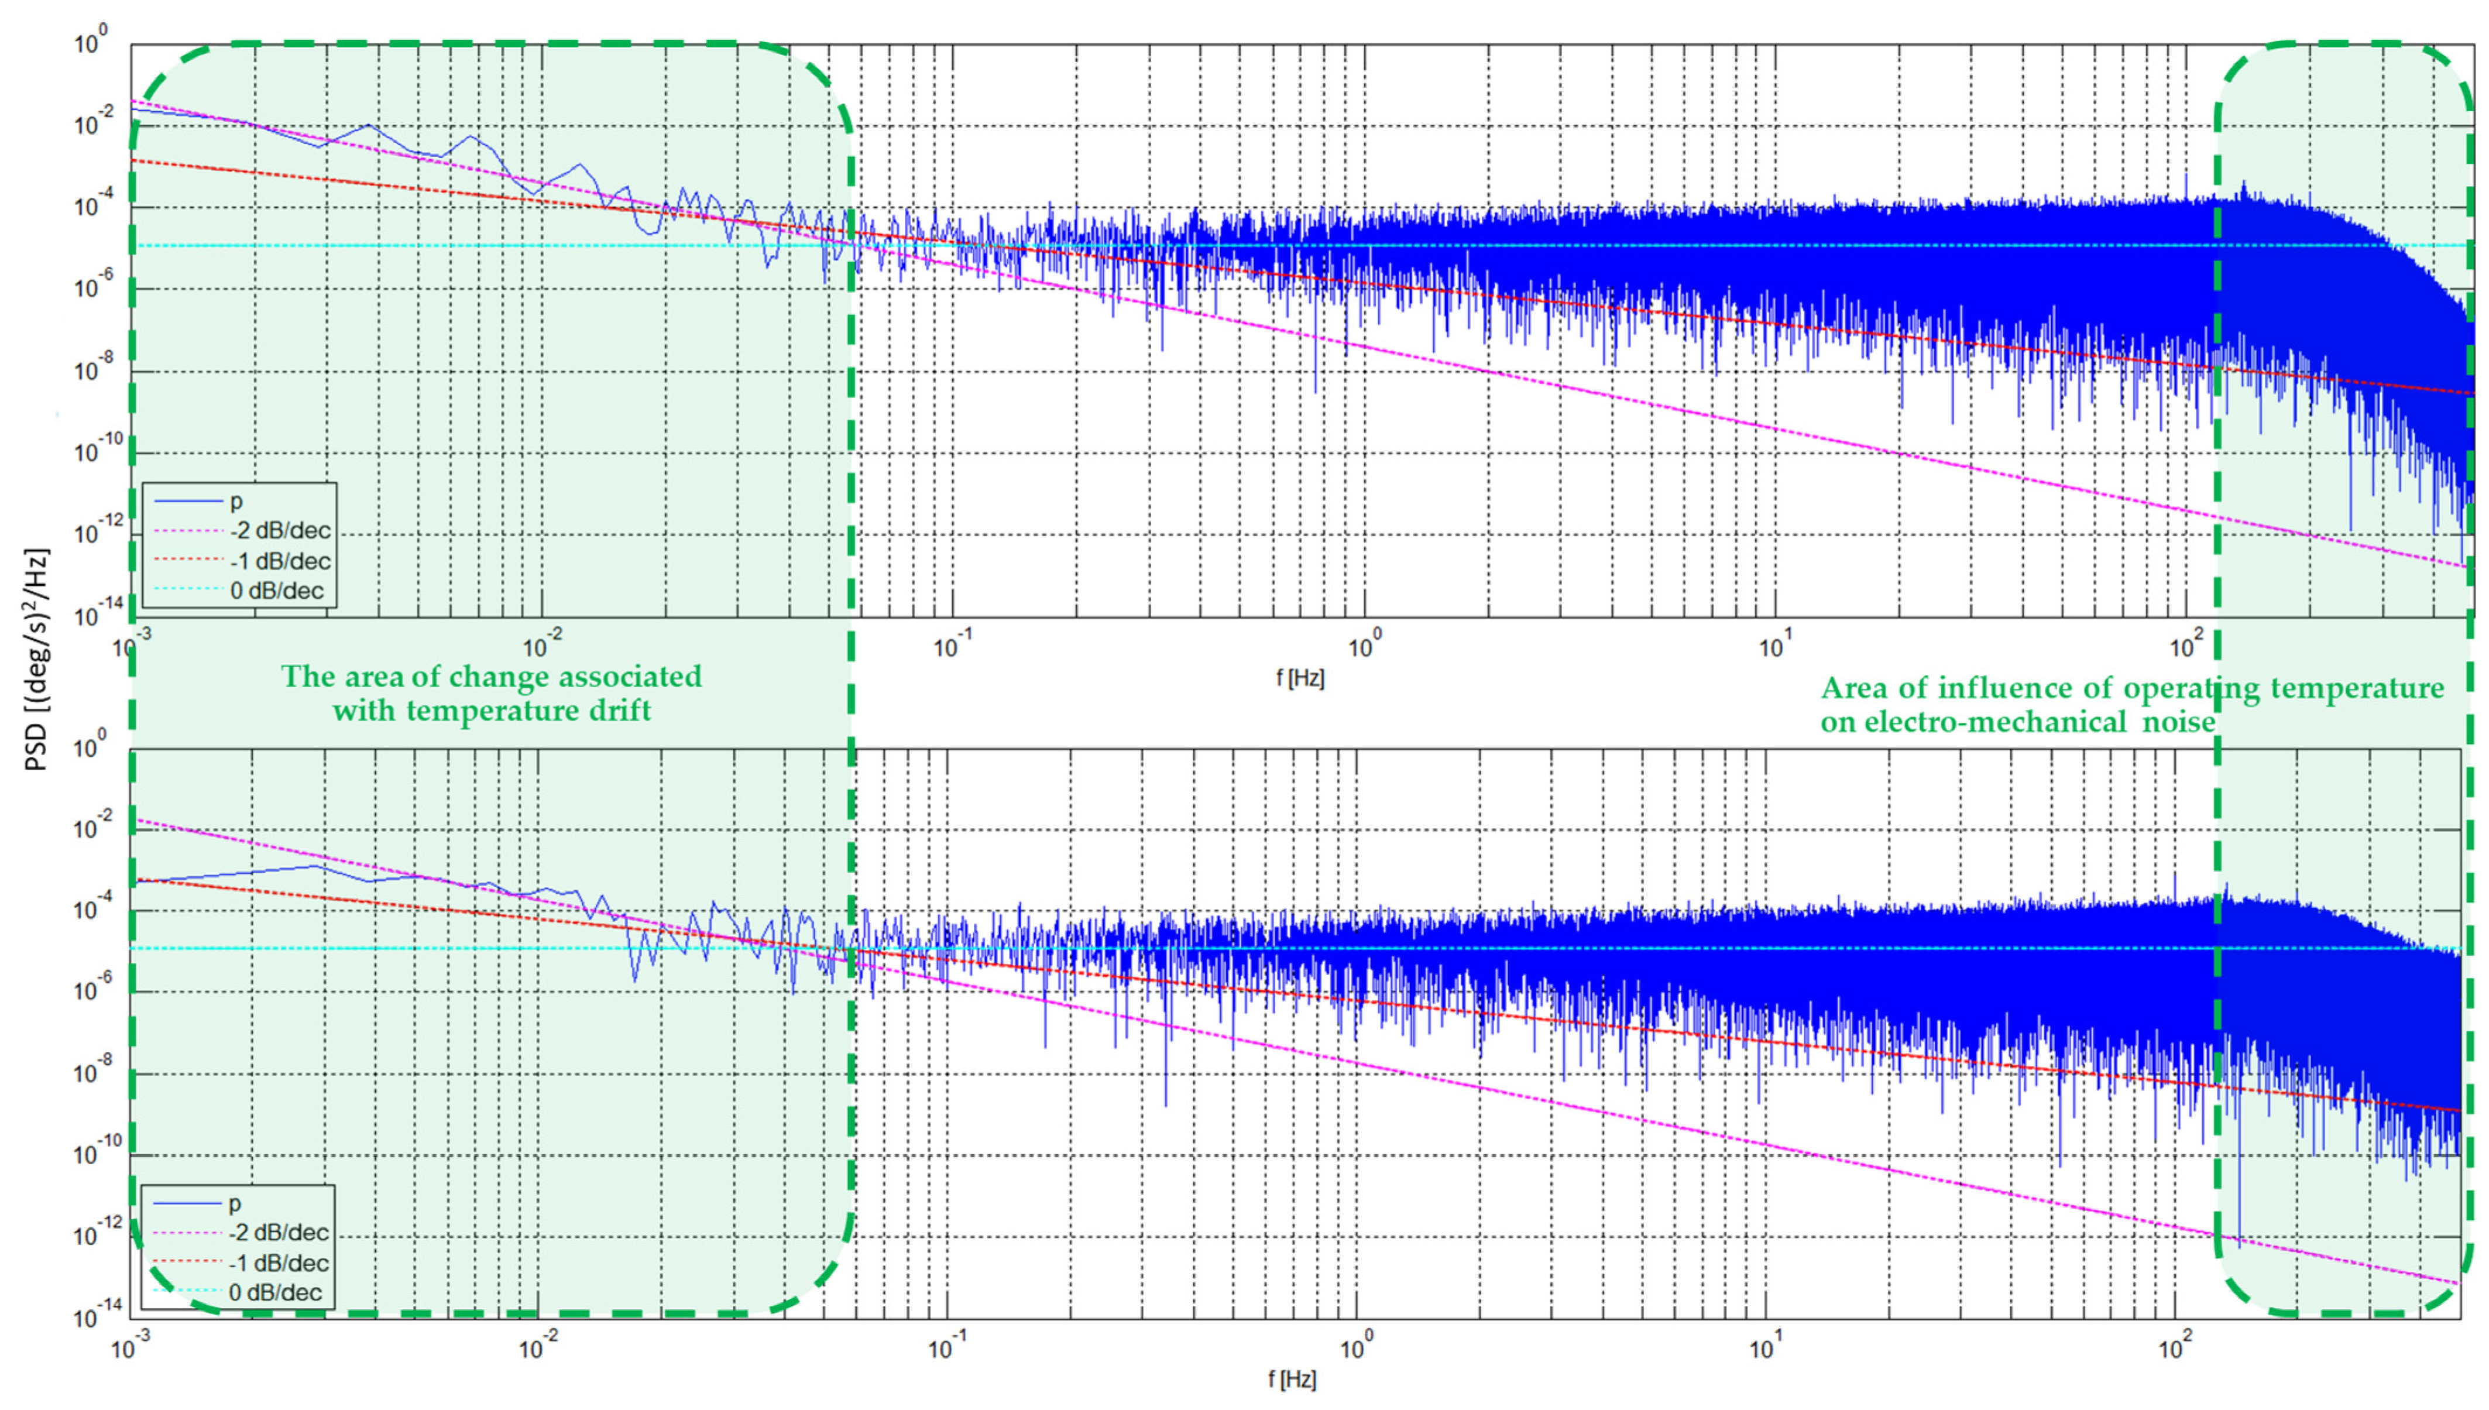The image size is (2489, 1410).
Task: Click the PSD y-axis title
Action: click(37, 660)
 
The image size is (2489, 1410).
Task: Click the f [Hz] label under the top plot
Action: click(1299, 678)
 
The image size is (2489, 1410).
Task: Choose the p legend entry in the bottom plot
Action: click(234, 1203)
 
